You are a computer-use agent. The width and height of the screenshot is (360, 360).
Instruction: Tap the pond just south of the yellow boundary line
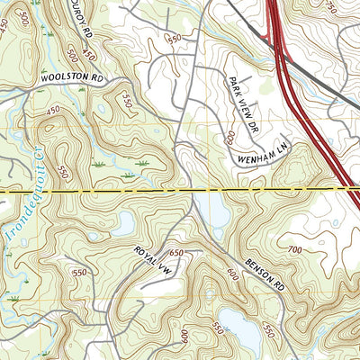point(216,212)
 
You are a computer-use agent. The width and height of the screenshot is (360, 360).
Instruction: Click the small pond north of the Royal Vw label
point(123,222)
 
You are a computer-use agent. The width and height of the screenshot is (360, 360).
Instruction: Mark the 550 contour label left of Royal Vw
point(79,272)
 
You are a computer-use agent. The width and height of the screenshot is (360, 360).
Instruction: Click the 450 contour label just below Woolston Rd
point(52,110)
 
